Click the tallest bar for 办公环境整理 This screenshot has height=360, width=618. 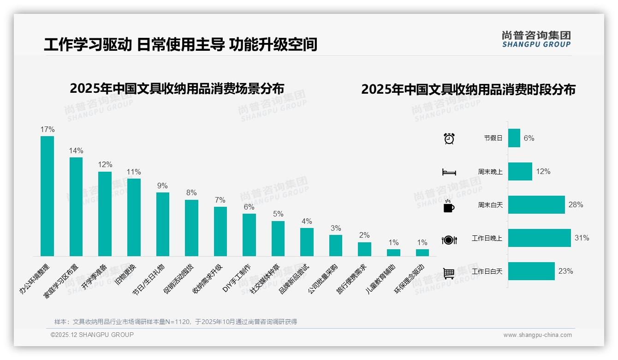pos(47,196)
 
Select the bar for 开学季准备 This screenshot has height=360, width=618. pos(105,214)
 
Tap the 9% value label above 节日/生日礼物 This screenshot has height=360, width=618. pos(162,186)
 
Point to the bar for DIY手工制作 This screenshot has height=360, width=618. pos(249,234)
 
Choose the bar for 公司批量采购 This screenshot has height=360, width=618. pos(336,245)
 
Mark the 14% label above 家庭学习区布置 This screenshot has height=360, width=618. pos(76,150)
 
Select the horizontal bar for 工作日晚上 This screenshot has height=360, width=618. pos(539,238)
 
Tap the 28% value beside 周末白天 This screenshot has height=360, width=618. pos(576,204)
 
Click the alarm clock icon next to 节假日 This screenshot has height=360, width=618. pos(449,138)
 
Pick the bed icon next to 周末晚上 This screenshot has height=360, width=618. pos(449,172)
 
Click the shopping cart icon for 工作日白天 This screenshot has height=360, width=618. pos(449,273)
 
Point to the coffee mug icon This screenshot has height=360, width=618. pos(449,206)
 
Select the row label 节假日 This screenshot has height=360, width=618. pos(493,138)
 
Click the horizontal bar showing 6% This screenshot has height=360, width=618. pos(514,138)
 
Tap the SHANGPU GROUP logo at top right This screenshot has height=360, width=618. pos(536,39)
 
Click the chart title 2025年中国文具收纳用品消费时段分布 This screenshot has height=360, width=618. pos(468,90)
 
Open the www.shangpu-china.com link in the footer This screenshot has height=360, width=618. pos(537,335)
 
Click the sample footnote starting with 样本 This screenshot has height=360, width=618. pos(175,322)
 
